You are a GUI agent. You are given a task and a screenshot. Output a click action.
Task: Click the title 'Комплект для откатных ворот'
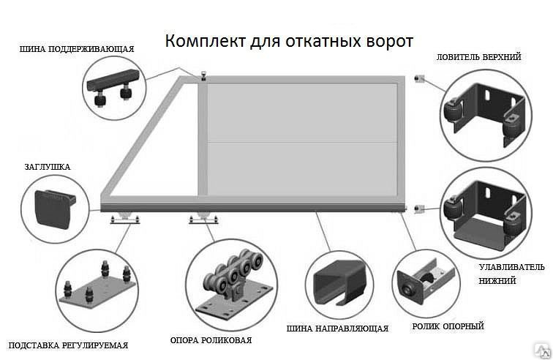289,41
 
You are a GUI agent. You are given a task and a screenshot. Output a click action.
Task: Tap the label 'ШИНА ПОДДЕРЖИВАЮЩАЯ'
77,49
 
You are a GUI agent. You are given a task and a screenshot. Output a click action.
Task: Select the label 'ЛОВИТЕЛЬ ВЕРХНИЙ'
478,57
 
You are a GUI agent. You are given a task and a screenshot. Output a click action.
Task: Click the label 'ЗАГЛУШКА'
48,167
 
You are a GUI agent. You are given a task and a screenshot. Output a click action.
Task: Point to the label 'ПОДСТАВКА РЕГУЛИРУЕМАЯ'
68,345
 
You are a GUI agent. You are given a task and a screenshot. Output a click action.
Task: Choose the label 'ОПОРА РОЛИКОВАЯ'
211,340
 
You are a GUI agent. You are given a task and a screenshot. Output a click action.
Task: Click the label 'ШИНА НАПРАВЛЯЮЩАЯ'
337,329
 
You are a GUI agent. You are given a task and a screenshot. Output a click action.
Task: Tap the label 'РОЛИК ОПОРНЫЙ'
448,326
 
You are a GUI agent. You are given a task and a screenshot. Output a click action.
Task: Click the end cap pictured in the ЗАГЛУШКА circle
54,208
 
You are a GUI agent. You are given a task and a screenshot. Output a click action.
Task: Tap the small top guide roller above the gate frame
203,77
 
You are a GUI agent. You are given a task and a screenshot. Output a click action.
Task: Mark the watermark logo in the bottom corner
543,351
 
